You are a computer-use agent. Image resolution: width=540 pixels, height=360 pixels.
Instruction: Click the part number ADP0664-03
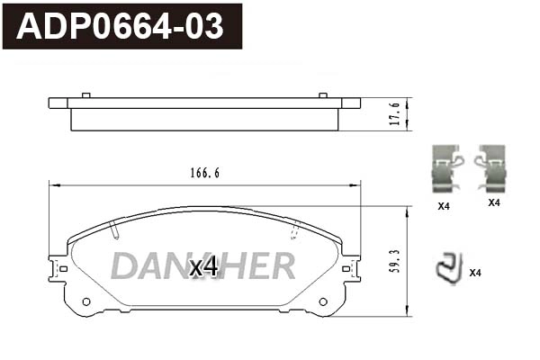(x=121, y=26)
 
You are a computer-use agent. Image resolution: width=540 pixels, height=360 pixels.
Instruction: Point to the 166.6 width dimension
(x=203, y=174)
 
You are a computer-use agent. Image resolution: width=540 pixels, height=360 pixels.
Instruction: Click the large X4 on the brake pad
(x=203, y=266)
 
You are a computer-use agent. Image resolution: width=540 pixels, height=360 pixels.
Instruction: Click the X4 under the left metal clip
(x=443, y=206)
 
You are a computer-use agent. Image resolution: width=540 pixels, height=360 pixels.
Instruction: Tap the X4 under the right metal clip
(x=493, y=203)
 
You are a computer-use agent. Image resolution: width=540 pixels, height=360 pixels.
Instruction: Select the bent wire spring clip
(x=447, y=265)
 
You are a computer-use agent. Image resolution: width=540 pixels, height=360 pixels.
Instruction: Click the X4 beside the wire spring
(x=476, y=273)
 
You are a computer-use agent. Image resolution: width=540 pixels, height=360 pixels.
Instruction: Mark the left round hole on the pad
(x=86, y=301)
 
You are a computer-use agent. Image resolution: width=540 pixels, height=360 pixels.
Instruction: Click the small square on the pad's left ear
(x=62, y=267)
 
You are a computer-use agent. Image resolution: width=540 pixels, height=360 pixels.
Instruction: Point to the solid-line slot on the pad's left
(x=114, y=231)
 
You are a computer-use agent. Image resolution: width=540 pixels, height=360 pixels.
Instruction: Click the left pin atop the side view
(x=85, y=94)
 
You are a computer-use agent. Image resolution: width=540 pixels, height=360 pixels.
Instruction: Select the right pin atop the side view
(x=323, y=94)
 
